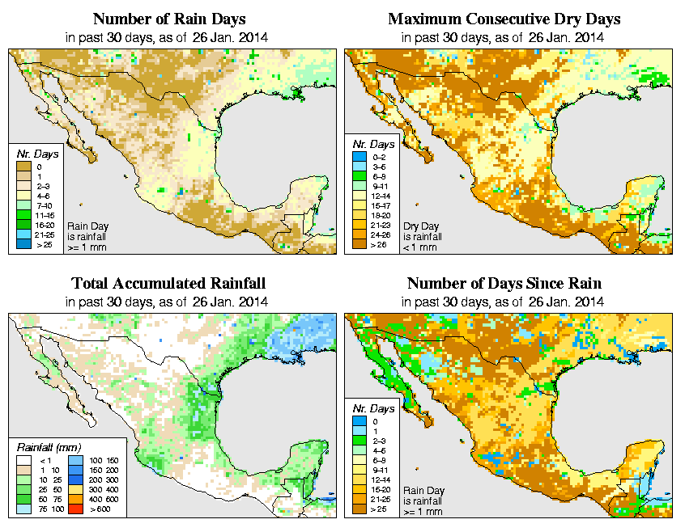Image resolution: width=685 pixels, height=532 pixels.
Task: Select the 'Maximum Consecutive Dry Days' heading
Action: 504,19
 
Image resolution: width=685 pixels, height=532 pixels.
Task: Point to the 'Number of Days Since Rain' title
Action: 504,284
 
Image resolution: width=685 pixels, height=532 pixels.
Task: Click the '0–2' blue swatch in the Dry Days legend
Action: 358,154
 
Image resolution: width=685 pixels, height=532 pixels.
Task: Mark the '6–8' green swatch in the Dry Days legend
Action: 358,175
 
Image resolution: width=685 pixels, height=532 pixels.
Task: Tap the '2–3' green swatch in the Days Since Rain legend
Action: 358,440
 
